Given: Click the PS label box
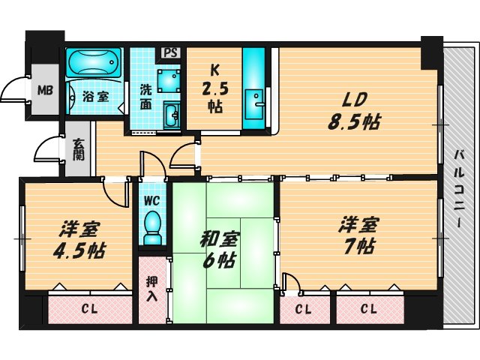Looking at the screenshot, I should tap(172, 54).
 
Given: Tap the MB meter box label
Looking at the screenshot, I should tap(46, 93).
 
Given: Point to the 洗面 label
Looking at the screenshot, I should tap(148, 96).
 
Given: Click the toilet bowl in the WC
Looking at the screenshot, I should tap(152, 224).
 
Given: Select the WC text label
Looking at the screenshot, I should tap(152, 200).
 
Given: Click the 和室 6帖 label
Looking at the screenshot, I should tap(218, 250).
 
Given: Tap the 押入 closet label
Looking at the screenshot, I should tap(151, 290).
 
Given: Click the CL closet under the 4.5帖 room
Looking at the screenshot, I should tap(89, 308).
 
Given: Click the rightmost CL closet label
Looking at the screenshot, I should tap(368, 308).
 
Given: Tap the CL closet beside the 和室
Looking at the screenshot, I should tap(303, 308).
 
